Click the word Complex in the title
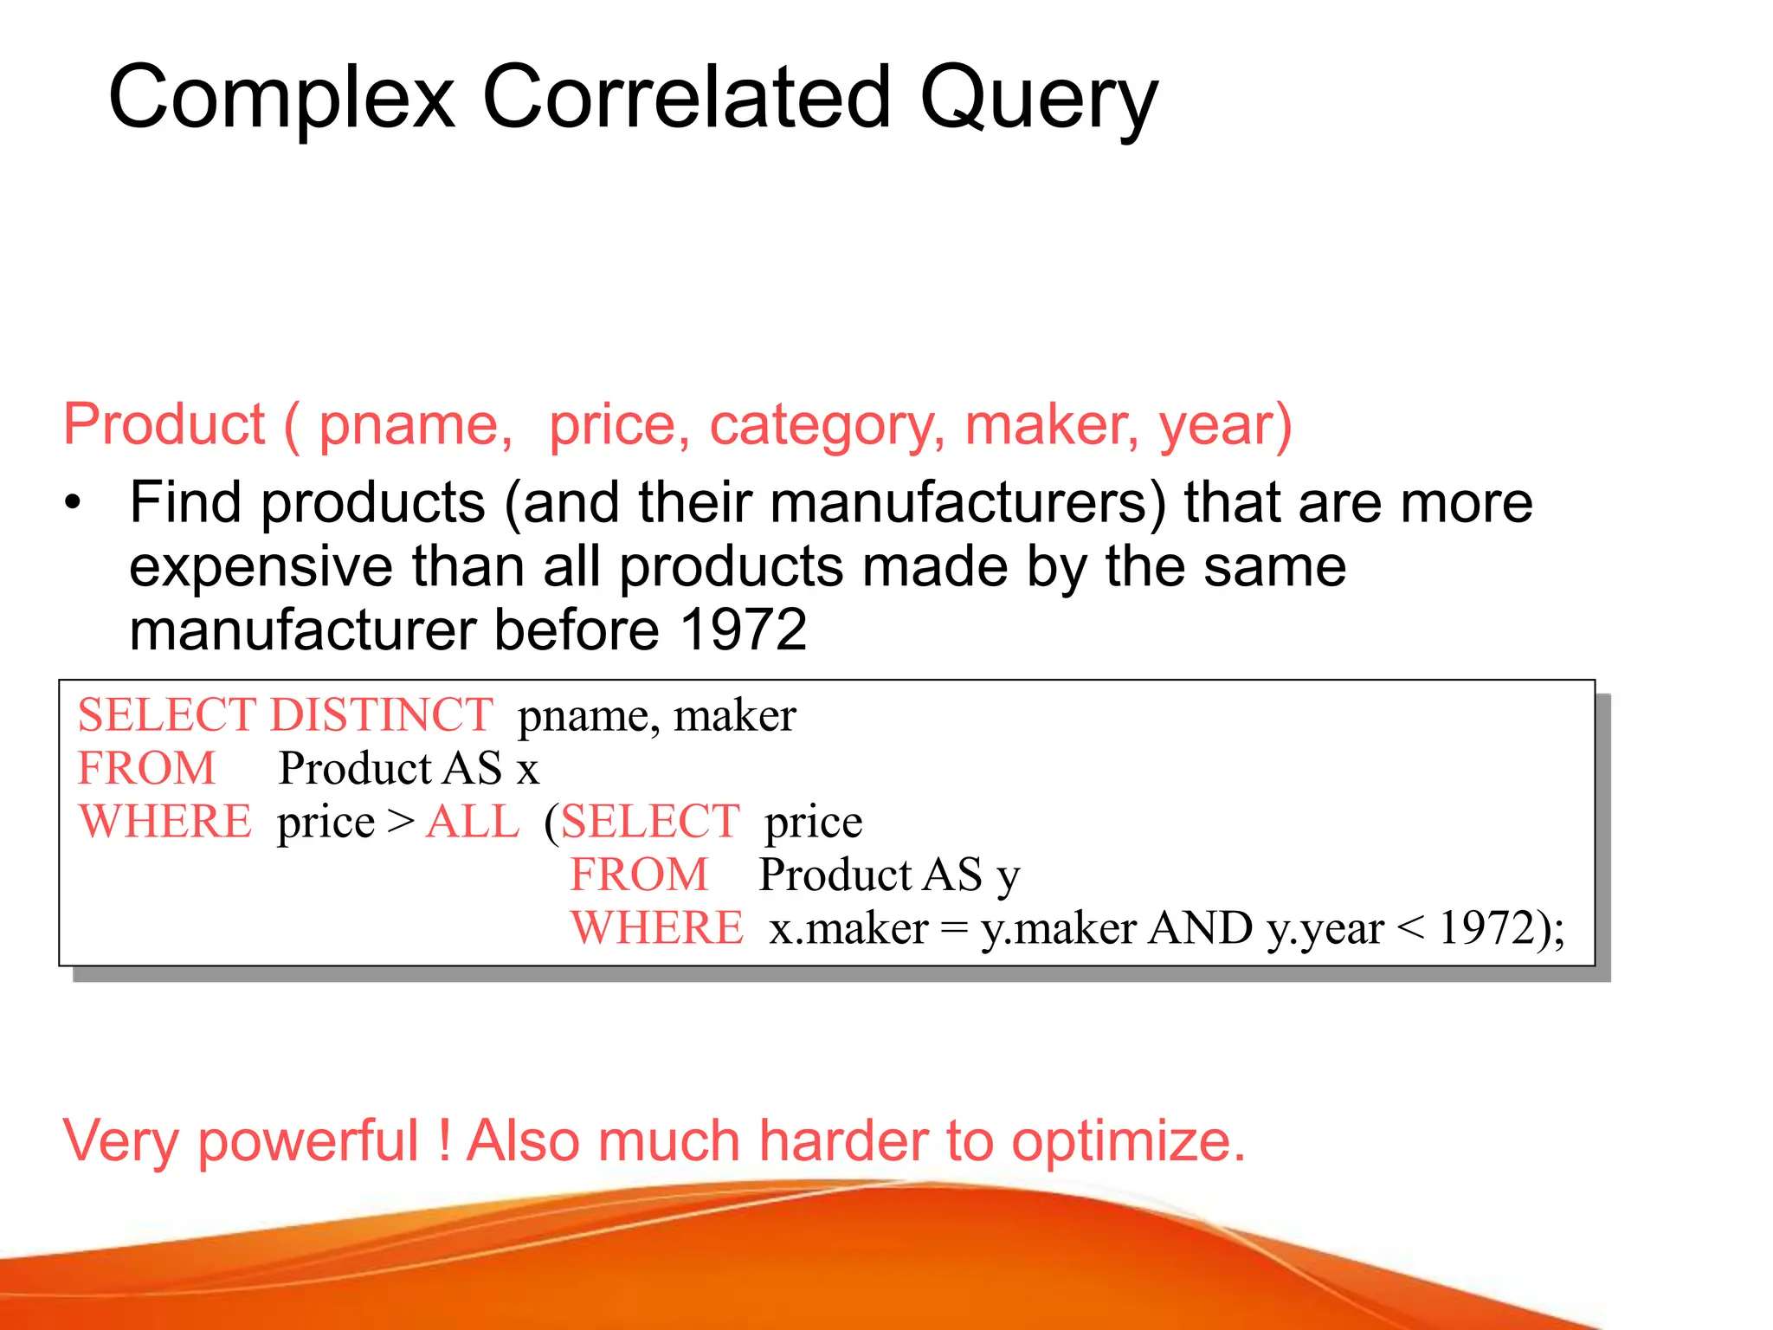(281, 99)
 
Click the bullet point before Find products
(74, 502)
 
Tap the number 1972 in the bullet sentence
(743, 629)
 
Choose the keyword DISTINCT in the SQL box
(381, 715)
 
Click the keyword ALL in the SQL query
(473, 822)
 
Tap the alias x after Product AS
(528, 770)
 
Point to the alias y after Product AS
(1009, 877)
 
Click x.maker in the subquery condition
(848, 929)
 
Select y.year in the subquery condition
(1325, 929)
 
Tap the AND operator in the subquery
(1201, 928)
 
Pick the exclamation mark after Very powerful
(444, 1140)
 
